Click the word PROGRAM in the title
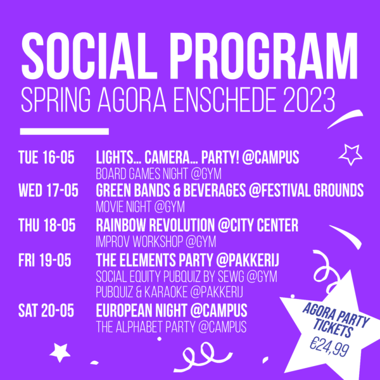coord(265,56)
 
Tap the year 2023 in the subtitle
coord(310,99)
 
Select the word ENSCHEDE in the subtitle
coord(224,99)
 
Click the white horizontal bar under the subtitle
coord(65,131)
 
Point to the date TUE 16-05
coord(46,158)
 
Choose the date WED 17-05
coord(49,190)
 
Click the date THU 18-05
coord(47,225)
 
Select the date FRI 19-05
coord(45,260)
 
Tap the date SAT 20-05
coord(46,311)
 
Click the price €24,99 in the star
coord(329,346)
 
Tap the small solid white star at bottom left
coord(60,353)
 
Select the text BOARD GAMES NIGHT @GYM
coord(159,174)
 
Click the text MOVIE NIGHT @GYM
coord(141,206)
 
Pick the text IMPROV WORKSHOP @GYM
coord(156,242)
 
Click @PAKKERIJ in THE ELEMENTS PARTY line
coord(248,260)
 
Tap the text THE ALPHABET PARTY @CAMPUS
coord(172,327)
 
